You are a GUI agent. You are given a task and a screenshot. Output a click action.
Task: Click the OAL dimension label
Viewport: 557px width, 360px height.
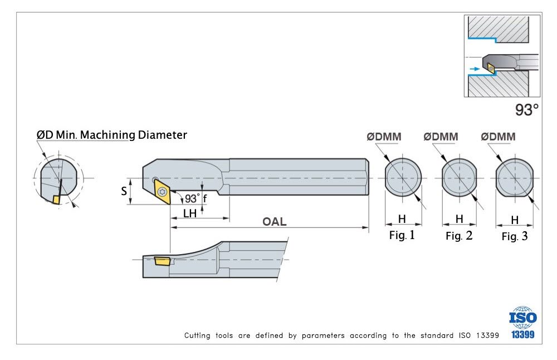[x=275, y=222]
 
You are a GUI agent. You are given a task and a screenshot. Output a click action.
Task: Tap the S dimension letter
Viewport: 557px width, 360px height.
[x=124, y=191]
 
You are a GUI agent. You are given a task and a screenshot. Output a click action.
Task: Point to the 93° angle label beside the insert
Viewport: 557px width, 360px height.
[x=193, y=198]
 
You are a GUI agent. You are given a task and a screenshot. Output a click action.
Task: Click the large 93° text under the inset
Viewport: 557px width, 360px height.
[x=526, y=110]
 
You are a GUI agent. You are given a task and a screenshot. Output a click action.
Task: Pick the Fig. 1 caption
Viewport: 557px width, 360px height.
[x=402, y=235]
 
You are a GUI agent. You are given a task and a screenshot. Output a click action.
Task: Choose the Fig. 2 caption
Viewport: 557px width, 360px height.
[x=459, y=236]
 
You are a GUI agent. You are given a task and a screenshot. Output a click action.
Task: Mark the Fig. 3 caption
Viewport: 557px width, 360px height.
[x=514, y=236]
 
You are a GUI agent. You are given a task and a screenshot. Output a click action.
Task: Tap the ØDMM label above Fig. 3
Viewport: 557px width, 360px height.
[x=498, y=137]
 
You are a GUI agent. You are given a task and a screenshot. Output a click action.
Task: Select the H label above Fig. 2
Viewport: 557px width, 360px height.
[x=459, y=219]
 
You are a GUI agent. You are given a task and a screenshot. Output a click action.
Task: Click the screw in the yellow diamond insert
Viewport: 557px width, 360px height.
[x=163, y=192]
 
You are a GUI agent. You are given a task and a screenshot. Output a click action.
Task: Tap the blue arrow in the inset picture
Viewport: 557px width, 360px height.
[x=474, y=69]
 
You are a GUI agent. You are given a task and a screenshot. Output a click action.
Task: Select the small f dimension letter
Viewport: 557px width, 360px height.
[x=204, y=198]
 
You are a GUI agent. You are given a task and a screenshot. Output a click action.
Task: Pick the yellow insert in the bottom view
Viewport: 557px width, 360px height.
[x=162, y=260]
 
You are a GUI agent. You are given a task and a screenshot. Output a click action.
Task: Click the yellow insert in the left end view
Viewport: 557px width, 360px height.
[x=56, y=199]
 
